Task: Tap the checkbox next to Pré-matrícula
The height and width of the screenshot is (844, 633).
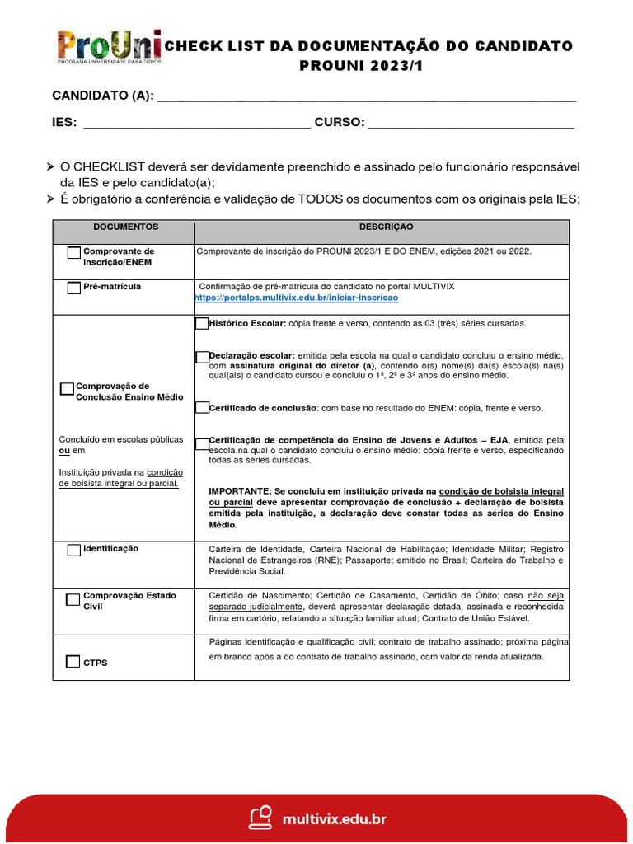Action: (74, 288)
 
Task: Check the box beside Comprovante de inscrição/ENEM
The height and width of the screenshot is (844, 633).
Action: (74, 253)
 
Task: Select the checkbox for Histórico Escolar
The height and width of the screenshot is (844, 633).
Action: (202, 324)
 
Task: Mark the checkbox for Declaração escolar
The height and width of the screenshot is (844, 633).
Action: (203, 357)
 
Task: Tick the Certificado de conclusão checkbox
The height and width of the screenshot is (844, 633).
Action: (202, 408)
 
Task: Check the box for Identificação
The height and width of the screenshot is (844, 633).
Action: (74, 550)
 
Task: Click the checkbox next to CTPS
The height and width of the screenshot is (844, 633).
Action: (73, 661)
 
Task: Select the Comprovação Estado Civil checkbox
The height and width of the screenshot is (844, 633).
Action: (73, 598)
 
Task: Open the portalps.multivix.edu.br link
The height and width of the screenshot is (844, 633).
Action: (296, 297)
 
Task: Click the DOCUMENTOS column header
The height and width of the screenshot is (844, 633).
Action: (125, 227)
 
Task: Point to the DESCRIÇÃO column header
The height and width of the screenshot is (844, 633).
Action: (386, 227)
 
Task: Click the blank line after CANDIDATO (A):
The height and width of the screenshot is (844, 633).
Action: (366, 97)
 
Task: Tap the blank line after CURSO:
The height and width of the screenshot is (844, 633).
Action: (471, 124)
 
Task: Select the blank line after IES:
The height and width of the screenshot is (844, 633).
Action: (198, 124)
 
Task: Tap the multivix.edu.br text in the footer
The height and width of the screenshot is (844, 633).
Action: (334, 818)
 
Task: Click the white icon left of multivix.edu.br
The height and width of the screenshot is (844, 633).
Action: (261, 818)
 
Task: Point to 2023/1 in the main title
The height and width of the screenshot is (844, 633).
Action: (392, 65)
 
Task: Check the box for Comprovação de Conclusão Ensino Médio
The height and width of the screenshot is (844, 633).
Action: (68, 389)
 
